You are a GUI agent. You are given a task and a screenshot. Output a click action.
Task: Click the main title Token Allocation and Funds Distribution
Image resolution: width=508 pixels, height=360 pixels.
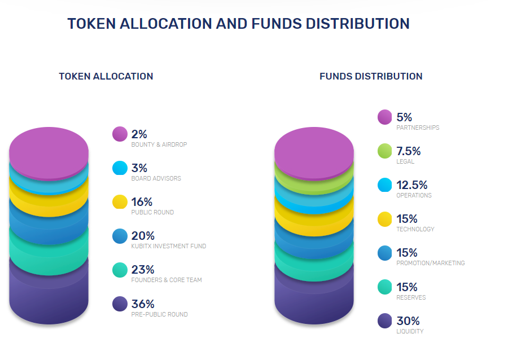click(x=238, y=24)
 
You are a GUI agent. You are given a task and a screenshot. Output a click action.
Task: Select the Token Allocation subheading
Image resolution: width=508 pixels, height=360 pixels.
click(x=106, y=76)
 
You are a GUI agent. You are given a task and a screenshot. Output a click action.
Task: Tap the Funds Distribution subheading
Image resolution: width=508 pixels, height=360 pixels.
click(x=371, y=76)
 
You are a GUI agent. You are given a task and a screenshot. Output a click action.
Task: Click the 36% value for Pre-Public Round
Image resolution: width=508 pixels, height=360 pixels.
click(x=143, y=304)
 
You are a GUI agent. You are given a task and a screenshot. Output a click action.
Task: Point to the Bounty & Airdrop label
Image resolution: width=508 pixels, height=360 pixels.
click(x=159, y=144)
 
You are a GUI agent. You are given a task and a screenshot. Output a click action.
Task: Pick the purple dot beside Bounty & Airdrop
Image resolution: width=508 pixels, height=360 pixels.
click(x=120, y=134)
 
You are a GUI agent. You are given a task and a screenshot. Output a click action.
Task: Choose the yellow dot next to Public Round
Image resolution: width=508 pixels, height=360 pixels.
click(x=120, y=202)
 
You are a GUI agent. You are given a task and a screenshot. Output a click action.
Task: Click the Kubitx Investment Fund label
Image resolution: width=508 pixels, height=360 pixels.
click(x=169, y=246)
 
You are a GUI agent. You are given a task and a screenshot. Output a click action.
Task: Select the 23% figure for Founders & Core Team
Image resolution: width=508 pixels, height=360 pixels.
click(x=143, y=270)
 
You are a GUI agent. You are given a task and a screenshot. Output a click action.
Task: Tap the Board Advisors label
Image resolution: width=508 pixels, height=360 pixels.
click(x=156, y=178)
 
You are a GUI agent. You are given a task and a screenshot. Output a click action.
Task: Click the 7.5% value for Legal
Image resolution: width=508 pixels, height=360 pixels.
click(x=409, y=151)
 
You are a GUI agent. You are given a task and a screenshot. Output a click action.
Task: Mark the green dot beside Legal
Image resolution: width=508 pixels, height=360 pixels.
click(x=385, y=151)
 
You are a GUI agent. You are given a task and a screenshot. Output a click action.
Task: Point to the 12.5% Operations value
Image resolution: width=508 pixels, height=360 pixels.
click(x=412, y=185)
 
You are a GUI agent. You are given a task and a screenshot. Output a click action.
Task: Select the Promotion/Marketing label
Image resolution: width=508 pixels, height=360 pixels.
click(x=431, y=263)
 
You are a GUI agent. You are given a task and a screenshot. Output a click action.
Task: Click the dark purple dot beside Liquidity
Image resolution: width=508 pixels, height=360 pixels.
click(x=385, y=321)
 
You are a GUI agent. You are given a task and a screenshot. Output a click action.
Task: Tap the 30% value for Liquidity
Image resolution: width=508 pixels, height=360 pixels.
click(x=408, y=321)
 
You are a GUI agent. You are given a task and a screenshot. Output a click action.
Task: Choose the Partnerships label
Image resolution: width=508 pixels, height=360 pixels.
click(x=418, y=128)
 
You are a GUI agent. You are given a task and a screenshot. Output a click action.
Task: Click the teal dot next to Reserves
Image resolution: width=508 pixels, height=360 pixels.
click(x=385, y=287)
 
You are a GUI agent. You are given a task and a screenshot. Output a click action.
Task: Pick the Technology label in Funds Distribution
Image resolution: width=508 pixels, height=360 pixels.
click(x=415, y=229)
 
